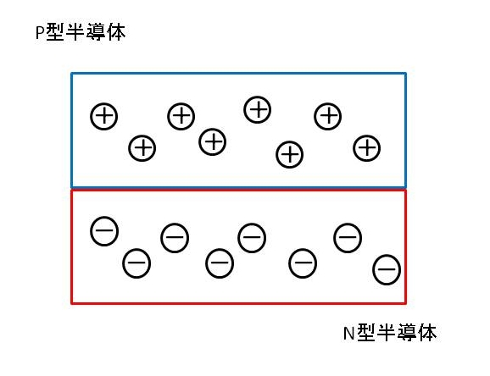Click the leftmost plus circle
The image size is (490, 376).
(104, 117)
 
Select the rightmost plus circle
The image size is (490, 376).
(366, 148)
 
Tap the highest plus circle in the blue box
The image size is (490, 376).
(257, 109)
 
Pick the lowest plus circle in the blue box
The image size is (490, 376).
(290, 155)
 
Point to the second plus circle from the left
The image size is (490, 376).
(142, 148)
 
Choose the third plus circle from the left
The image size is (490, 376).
(181, 117)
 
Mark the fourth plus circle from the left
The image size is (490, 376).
(213, 141)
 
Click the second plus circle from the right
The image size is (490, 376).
(328, 117)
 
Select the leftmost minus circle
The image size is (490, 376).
(104, 231)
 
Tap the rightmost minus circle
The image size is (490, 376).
(387, 270)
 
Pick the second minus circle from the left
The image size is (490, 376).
(136, 263)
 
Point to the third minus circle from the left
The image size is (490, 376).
(175, 238)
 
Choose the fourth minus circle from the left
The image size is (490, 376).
(220, 263)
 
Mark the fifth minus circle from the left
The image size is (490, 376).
(252, 238)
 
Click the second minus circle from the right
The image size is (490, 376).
(348, 238)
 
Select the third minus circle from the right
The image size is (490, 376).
(303, 263)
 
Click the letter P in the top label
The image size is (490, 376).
(40, 32)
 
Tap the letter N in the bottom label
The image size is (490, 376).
(348, 333)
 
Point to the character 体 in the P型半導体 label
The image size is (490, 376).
(116, 32)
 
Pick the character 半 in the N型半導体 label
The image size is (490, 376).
(387, 332)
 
